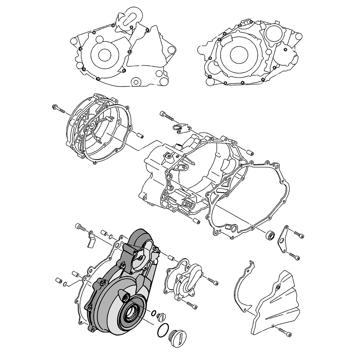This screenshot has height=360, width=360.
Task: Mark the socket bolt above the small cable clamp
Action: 166,116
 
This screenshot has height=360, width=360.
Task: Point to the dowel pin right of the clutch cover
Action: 140,136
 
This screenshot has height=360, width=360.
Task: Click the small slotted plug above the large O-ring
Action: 161,317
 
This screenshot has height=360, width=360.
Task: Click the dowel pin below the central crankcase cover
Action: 196,221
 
